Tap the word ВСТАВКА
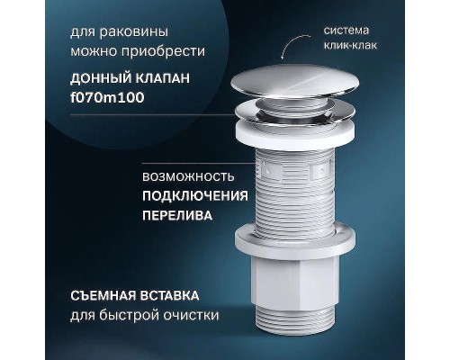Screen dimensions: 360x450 click(176, 294)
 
